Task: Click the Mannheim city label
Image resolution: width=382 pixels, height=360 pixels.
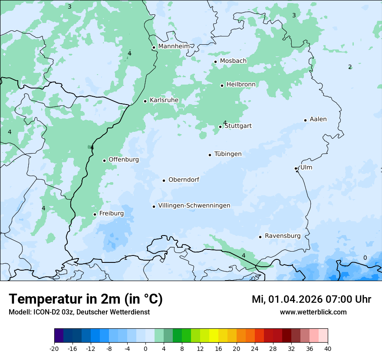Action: (x=174, y=46)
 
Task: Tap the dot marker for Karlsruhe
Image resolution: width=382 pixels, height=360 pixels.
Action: (x=145, y=101)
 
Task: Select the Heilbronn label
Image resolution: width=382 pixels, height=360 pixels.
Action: (x=241, y=84)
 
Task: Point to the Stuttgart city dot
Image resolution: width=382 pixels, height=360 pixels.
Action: (x=221, y=127)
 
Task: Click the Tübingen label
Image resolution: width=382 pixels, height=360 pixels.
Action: (x=228, y=154)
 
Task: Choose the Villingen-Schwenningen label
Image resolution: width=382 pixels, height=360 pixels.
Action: (x=194, y=206)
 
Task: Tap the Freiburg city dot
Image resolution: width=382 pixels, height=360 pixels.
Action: (x=95, y=214)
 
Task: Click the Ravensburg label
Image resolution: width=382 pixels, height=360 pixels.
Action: (x=283, y=236)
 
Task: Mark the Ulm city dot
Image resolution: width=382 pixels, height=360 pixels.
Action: (x=296, y=168)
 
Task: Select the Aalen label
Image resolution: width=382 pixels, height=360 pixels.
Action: (x=318, y=119)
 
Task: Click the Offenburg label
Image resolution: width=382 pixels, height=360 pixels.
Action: (x=124, y=160)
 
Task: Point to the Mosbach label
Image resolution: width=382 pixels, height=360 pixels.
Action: (x=233, y=61)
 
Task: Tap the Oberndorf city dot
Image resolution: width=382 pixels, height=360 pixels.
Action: (x=164, y=180)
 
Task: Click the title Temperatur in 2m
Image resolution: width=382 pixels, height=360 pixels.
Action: (x=86, y=299)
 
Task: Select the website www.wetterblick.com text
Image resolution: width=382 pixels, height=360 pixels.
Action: (x=313, y=312)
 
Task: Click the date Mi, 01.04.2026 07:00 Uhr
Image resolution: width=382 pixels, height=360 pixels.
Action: (x=311, y=299)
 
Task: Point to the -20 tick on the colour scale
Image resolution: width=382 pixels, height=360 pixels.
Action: (x=54, y=348)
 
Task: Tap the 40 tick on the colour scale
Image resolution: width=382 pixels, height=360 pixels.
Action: (x=327, y=348)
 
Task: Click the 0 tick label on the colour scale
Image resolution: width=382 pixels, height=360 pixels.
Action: (x=145, y=348)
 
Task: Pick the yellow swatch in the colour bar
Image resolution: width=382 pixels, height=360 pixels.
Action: (x=214, y=336)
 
